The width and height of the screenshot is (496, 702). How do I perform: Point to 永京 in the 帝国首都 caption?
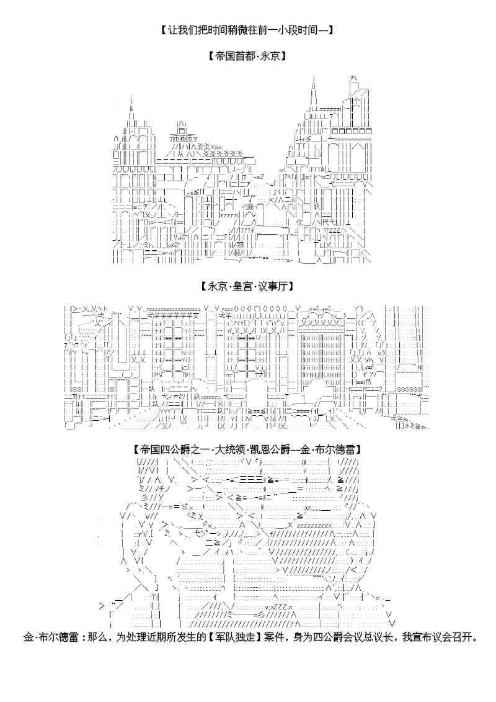pyautogui.click(x=268, y=56)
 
